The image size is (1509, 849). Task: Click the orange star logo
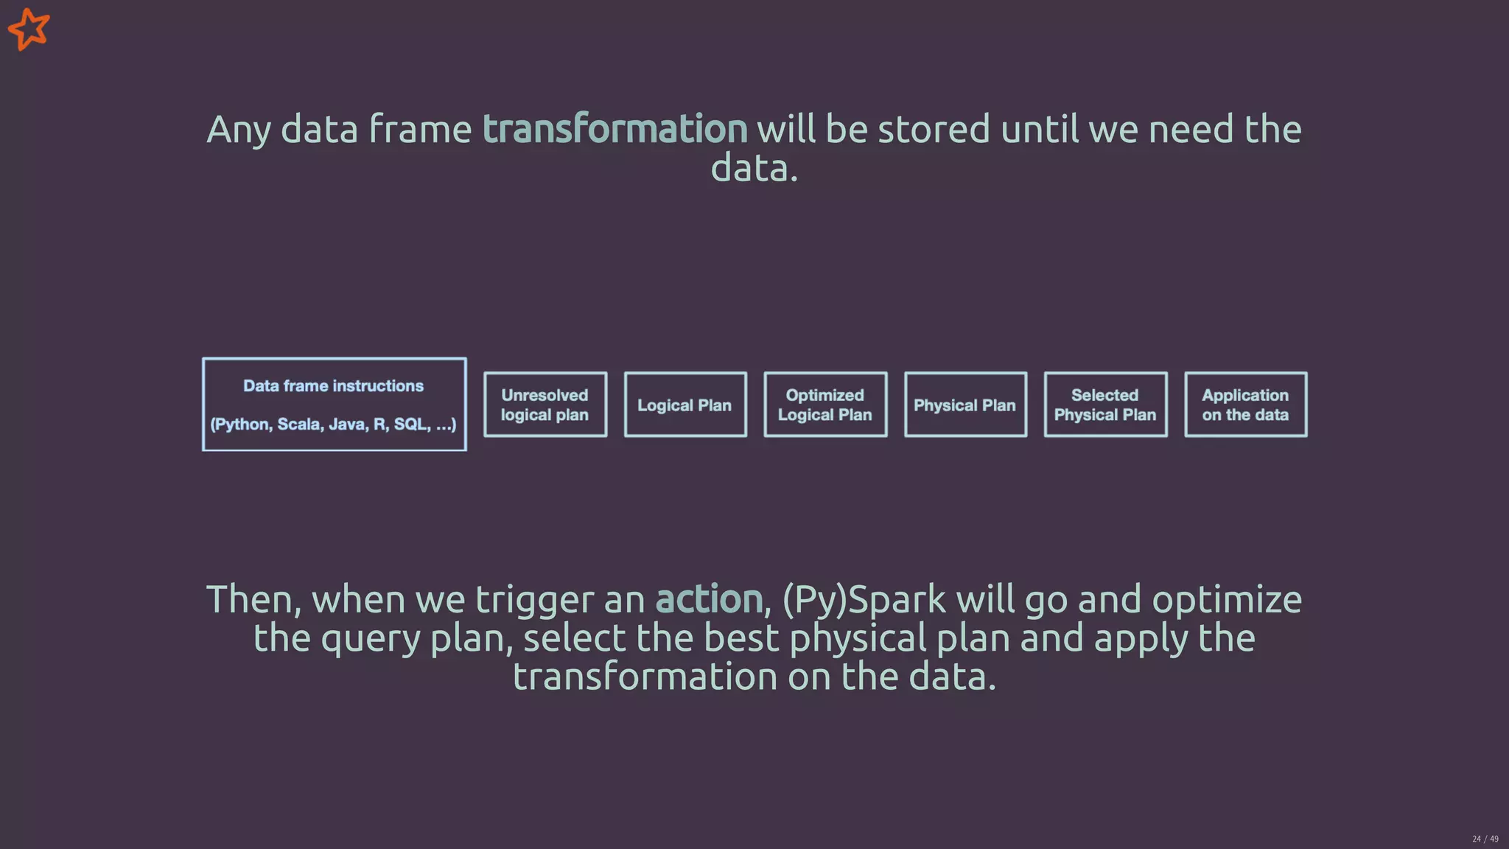coord(29,29)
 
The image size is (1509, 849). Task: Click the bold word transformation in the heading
coord(615,129)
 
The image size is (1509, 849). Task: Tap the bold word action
coord(709,598)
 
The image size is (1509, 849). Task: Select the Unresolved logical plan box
coord(545,405)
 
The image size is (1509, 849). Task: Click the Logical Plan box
coord(685,405)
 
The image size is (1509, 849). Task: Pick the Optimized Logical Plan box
coord(825,405)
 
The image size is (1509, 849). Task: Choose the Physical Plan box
coord(965,405)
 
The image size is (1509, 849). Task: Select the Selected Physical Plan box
coord(1105,405)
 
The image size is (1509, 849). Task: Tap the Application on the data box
coord(1245,405)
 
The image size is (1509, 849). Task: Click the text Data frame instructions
coord(333,386)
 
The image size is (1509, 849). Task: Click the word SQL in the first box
coord(410,424)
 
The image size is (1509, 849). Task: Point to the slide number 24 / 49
coord(1485,839)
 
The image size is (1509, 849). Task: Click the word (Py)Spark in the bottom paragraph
coord(863,598)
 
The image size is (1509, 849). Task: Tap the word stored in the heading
coord(934,129)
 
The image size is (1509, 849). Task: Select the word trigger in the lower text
coord(534,600)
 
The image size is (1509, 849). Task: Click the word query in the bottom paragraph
coord(371,639)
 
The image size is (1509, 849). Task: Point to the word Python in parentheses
coord(240,424)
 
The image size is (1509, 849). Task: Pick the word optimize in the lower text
coord(1227,600)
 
